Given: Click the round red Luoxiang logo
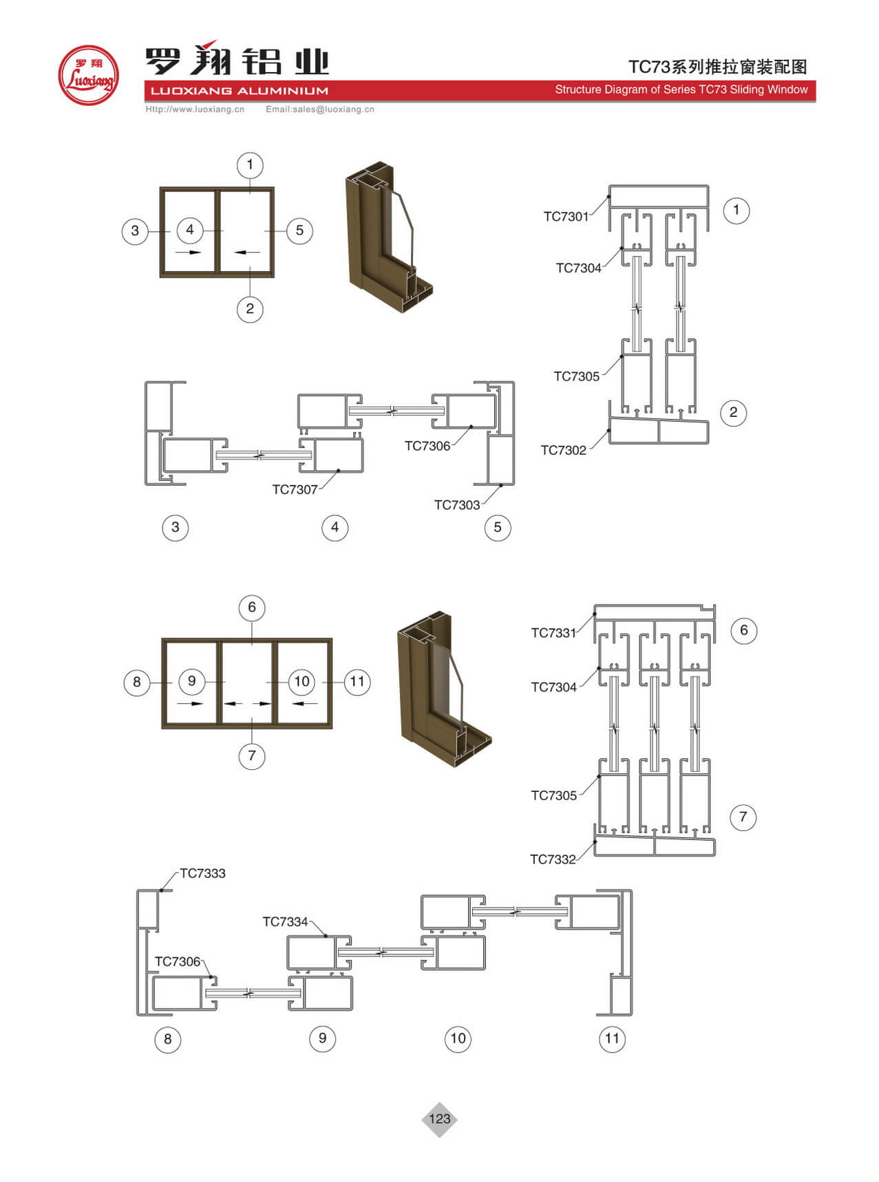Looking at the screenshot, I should click(89, 75).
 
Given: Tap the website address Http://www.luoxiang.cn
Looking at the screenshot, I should click(195, 109).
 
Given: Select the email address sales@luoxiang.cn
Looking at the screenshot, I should click(320, 109).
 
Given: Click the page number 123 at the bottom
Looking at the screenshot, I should click(439, 1119).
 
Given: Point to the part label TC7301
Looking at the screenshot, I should click(566, 217).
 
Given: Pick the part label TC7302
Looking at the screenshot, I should click(563, 451).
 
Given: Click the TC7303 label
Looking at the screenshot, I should click(456, 505).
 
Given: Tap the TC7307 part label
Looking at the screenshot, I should click(295, 490).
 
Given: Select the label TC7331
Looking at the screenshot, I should click(553, 633).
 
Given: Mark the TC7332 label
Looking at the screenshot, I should click(553, 859).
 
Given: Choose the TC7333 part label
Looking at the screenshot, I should click(202, 874).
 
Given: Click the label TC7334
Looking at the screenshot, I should click(285, 922).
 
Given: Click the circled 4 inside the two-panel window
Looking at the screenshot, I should click(190, 230).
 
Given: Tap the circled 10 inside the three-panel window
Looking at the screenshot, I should click(301, 681).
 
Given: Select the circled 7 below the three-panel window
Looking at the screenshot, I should click(252, 755).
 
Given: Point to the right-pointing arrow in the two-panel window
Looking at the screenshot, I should click(188, 252).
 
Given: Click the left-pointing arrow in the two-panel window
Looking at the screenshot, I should click(247, 252).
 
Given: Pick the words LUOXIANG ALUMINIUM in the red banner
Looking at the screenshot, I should click(240, 91).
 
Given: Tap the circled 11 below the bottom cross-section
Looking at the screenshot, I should click(612, 1038).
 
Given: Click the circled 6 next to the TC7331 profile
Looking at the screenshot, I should click(743, 630).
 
